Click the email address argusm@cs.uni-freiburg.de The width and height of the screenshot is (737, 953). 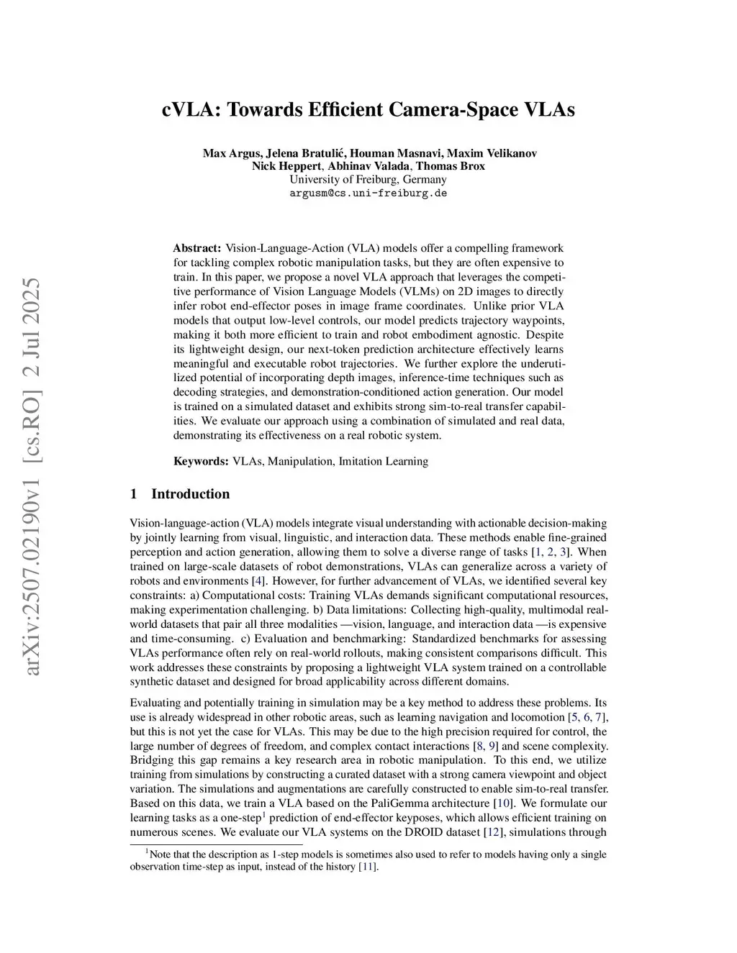pyautogui.click(x=368, y=193)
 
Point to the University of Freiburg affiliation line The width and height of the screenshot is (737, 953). pyautogui.click(x=368, y=180)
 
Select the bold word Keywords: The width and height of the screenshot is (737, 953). pyautogui.click(x=201, y=461)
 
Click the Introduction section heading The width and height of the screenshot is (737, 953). pyautogui.click(x=190, y=494)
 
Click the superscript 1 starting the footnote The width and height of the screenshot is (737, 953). pyautogui.click(x=147, y=852)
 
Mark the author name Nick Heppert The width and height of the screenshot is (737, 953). pyautogui.click(x=286, y=166)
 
